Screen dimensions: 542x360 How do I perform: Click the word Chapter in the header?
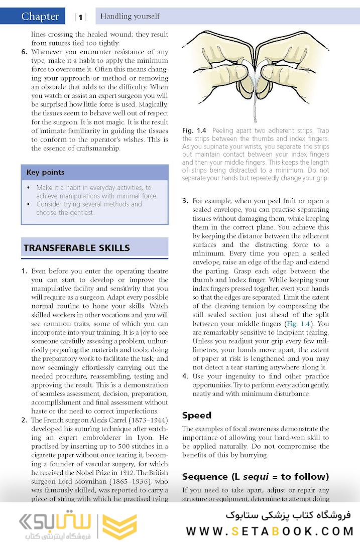[x=40, y=17]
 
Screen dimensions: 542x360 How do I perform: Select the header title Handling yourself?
[x=130, y=16]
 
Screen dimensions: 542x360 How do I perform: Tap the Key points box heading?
[x=45, y=173]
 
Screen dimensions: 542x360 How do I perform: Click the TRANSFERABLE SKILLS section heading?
[x=76, y=248]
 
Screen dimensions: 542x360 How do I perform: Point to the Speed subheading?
[x=197, y=415]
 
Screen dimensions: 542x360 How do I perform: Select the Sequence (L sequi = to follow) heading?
[x=256, y=476]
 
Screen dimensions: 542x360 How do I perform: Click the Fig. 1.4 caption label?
[x=194, y=130]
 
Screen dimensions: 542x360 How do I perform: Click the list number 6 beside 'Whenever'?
[x=24, y=52]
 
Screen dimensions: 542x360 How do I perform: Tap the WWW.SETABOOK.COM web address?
[x=270, y=531]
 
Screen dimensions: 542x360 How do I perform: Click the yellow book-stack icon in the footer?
[x=119, y=526]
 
